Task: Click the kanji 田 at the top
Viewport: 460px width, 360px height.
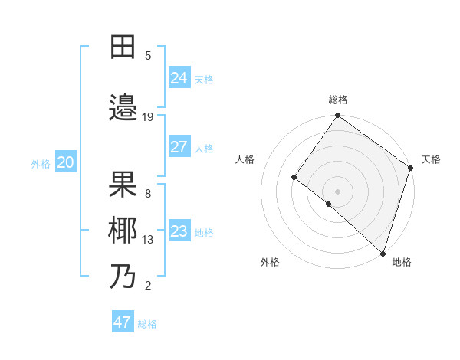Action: click(123, 47)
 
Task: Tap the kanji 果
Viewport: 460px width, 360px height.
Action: click(123, 184)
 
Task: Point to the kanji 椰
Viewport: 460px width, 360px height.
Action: click(123, 230)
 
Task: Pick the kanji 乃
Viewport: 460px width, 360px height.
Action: click(123, 276)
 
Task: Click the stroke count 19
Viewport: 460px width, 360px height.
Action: click(148, 116)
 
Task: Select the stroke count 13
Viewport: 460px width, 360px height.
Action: click(148, 240)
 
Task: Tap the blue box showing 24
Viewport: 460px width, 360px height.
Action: click(179, 78)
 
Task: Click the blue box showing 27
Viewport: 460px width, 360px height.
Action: click(179, 147)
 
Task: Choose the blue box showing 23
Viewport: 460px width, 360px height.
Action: click(179, 231)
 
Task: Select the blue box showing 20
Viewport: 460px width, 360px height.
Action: click(66, 162)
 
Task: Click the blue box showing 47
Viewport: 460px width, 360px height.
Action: click(123, 322)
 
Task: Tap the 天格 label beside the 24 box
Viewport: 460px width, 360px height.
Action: click(204, 80)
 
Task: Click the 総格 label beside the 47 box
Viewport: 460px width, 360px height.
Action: click(147, 324)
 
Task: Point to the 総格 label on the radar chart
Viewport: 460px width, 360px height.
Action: click(338, 100)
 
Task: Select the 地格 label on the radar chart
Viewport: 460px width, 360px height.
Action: click(402, 262)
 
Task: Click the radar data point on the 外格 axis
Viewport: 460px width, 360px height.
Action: click(329, 204)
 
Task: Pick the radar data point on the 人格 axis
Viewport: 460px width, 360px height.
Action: click(294, 178)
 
